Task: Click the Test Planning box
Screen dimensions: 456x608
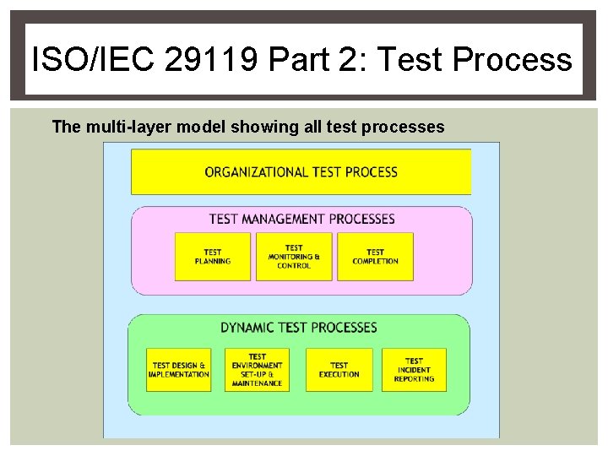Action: (x=213, y=257)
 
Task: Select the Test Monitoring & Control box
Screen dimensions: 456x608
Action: (x=294, y=257)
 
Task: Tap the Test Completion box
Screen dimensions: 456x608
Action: (x=375, y=257)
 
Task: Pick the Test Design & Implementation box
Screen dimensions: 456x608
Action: (x=179, y=370)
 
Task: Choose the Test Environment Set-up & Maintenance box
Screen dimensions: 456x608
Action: (x=257, y=370)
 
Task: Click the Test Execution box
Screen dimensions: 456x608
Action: (x=339, y=370)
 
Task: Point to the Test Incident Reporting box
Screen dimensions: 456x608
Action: (x=414, y=370)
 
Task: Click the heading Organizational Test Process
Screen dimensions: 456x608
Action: (x=301, y=171)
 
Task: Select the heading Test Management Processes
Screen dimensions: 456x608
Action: (x=301, y=219)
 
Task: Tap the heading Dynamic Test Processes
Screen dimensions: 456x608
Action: (x=299, y=327)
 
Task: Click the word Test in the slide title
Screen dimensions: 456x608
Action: (x=413, y=60)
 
